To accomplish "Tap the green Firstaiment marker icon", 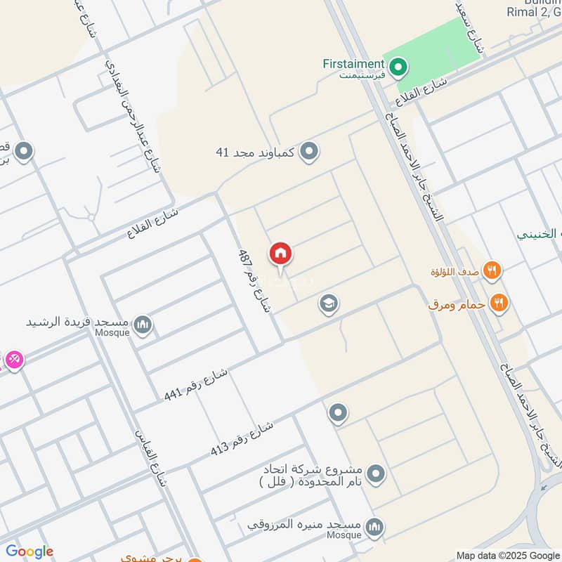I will (x=398, y=67).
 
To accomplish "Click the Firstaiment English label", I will (x=353, y=63).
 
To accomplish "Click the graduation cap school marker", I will (x=327, y=304).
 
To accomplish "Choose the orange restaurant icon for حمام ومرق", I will (x=499, y=303).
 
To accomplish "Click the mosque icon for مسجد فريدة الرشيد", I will (x=143, y=325).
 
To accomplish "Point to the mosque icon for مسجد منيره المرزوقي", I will (x=375, y=526).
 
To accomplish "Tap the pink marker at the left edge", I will (x=14, y=360).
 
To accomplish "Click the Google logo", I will (x=30, y=551).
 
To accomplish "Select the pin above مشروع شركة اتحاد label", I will (x=339, y=413).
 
